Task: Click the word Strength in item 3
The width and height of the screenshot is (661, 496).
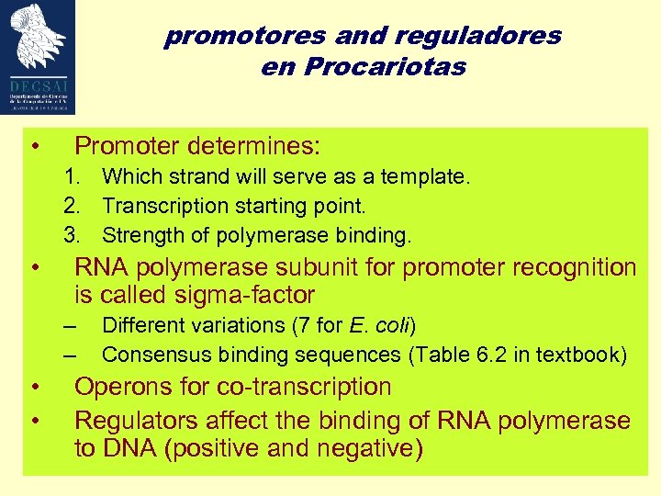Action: pos(136,235)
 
